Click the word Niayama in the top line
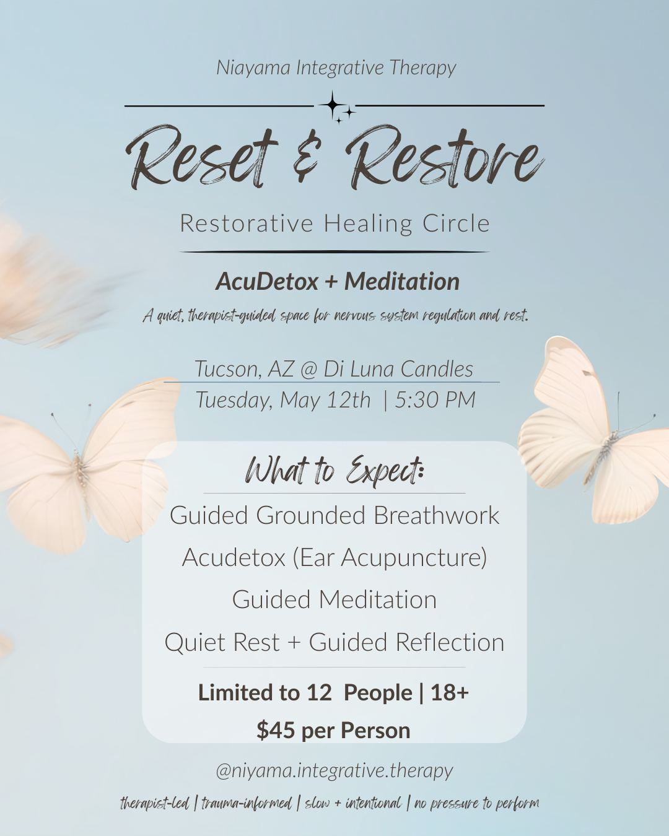253,67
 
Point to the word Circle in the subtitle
456,224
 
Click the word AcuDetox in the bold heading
267,282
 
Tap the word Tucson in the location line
227,369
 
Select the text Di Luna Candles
398,369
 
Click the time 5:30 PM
435,400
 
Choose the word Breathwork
436,516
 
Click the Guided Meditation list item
334,600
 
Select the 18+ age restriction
450,693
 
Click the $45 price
276,731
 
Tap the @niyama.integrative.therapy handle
334,771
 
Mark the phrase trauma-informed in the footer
246,804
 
